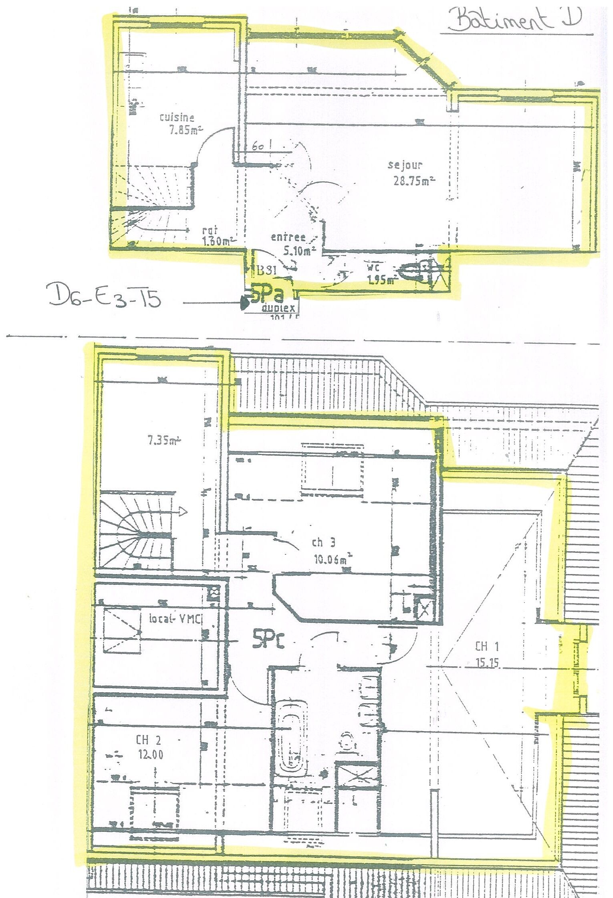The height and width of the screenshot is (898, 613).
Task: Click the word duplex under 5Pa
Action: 278,308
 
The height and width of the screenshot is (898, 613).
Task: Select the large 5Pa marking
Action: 267,294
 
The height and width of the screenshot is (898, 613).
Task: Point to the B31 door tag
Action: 266,271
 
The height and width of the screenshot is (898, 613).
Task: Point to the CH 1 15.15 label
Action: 487,654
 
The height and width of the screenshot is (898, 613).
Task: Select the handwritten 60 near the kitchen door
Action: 258,146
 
